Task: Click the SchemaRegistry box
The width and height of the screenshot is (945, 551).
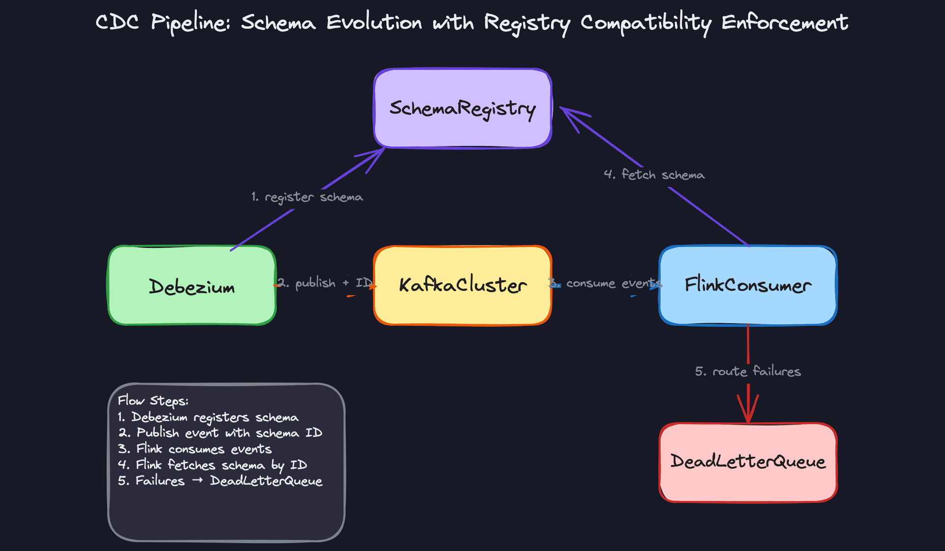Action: pyautogui.click(x=462, y=108)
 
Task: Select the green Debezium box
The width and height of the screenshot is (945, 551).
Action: pyautogui.click(x=192, y=286)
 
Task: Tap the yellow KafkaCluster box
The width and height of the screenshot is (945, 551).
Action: pyautogui.click(x=462, y=285)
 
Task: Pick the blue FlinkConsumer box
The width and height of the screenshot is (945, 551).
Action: pyautogui.click(x=748, y=285)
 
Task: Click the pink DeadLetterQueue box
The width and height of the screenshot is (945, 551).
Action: pyautogui.click(x=748, y=462)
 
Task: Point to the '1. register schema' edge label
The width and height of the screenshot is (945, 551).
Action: pyautogui.click(x=307, y=197)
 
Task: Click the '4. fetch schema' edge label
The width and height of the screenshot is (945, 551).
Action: pyautogui.click(x=654, y=175)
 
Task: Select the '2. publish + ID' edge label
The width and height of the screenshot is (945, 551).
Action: pyautogui.click(x=325, y=283)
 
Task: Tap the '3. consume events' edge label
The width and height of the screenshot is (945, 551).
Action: pyautogui.click(x=605, y=283)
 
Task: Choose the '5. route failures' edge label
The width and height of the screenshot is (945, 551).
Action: pyautogui.click(x=748, y=371)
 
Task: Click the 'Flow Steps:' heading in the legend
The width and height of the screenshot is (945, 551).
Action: pyautogui.click(x=153, y=400)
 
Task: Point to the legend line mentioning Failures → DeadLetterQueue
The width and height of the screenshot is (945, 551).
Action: pyautogui.click(x=220, y=481)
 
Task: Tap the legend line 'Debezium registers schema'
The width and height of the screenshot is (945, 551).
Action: pyautogui.click(x=208, y=417)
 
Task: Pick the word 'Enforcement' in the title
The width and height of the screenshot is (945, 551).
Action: pyautogui.click(x=785, y=23)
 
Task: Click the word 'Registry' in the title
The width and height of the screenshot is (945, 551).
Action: pyautogui.click(x=527, y=23)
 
